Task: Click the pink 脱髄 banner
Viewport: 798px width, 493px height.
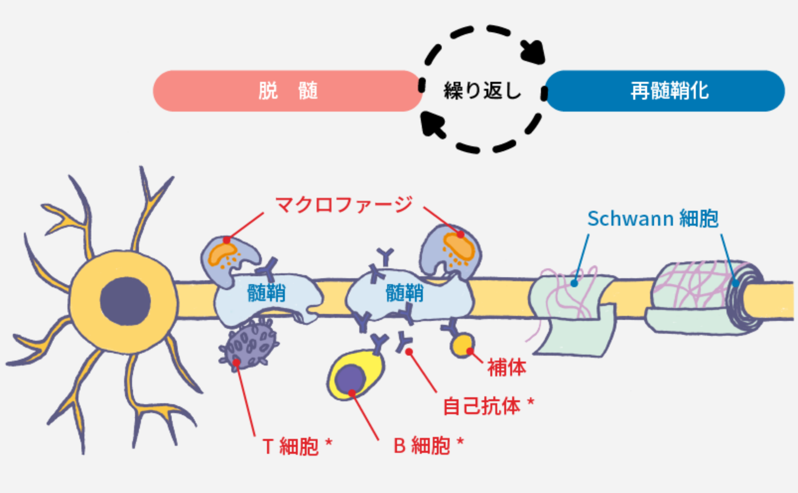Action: coord(287,91)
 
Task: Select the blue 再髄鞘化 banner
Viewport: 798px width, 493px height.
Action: coord(665,91)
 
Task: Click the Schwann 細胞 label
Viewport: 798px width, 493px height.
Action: coord(653,218)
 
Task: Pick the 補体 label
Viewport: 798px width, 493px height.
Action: coord(506,368)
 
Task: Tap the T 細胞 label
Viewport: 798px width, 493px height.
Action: coord(297,446)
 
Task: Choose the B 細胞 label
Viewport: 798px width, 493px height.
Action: coord(428,445)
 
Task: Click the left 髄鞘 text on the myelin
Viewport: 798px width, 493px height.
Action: coord(266,293)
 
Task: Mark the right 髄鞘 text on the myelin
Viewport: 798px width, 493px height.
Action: coord(404,293)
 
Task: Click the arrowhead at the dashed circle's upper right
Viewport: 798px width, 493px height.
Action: coord(534,52)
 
